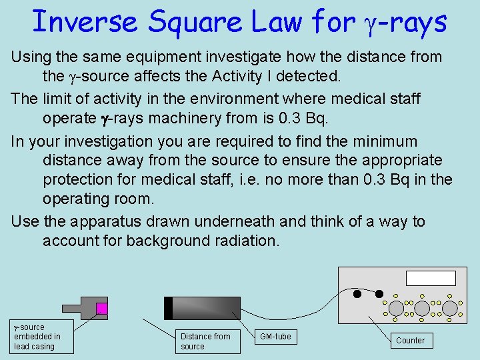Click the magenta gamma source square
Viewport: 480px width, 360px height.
(101, 308)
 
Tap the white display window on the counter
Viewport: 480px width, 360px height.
(431, 279)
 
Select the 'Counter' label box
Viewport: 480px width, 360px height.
(410, 340)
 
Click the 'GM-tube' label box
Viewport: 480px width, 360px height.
(275, 337)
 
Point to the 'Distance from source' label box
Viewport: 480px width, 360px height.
(205, 341)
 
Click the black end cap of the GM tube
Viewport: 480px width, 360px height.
(168, 308)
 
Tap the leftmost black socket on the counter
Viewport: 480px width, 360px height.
(357, 294)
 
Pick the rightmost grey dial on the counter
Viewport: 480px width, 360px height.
(450, 307)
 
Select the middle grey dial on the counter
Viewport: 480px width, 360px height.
(423, 307)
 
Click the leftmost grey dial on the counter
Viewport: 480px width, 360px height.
(396, 307)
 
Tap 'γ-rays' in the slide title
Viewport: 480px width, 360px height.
(404, 23)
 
